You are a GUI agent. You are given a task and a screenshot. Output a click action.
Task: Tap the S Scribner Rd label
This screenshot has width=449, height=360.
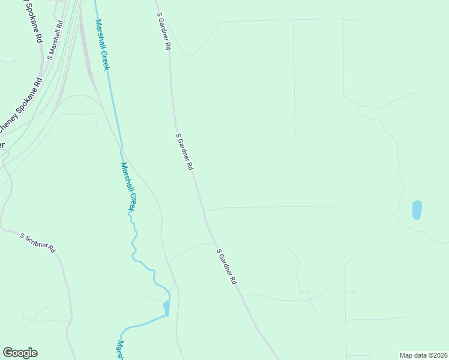click(x=38, y=242)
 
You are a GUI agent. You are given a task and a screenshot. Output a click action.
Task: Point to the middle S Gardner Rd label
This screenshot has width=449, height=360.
click(x=184, y=151)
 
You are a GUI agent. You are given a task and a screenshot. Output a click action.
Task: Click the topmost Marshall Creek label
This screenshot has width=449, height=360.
click(x=102, y=44)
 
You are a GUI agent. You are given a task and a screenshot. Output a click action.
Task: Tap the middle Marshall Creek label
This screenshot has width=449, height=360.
click(x=128, y=187)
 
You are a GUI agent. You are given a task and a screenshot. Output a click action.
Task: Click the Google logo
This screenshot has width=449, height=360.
click(x=20, y=353)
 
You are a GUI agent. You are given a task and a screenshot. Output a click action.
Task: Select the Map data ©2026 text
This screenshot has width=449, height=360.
click(x=423, y=355)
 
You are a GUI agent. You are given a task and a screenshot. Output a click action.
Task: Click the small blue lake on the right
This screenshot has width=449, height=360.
click(x=417, y=209)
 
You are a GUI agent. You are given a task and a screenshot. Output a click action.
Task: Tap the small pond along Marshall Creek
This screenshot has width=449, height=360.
click(x=166, y=308)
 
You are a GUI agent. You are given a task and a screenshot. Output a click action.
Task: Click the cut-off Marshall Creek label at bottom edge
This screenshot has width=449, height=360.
click(x=120, y=350)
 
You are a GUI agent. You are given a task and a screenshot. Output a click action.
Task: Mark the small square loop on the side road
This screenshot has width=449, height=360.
click(x=304, y=295)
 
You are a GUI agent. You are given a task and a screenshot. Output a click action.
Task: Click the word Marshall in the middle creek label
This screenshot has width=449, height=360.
click(x=126, y=176)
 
